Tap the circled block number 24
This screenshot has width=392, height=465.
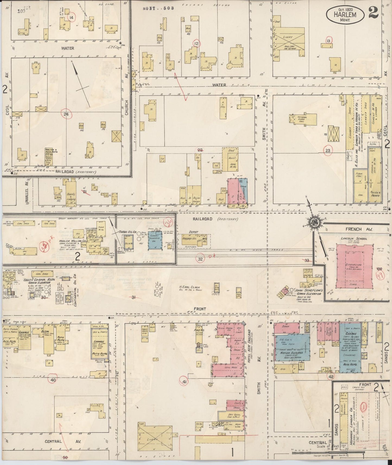[66, 114]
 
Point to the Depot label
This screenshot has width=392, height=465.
[194, 232]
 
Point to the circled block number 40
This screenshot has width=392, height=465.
[53, 380]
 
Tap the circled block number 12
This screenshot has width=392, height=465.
[196, 43]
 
